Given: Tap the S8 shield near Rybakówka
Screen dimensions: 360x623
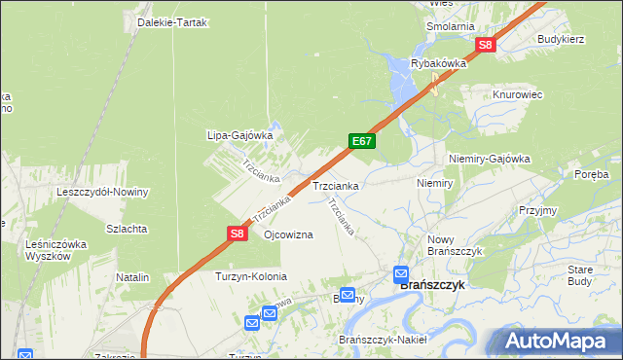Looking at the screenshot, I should [x=486, y=45].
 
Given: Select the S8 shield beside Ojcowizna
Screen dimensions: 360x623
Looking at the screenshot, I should [x=237, y=234].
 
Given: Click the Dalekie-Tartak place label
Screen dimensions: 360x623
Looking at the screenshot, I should [x=173, y=22].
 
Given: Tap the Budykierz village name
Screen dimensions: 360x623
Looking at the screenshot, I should [x=560, y=39].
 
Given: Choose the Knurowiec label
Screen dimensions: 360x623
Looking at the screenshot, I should [x=518, y=95].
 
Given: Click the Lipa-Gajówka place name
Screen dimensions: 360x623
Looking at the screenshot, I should [x=238, y=135].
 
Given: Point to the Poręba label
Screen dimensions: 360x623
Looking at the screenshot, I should [x=591, y=174].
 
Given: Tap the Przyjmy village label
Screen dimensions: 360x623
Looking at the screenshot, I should [x=537, y=209].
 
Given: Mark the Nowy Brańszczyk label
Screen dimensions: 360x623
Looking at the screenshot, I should [x=456, y=245].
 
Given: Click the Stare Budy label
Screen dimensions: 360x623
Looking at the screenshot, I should [x=580, y=274].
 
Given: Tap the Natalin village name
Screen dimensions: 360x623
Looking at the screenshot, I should [x=132, y=277].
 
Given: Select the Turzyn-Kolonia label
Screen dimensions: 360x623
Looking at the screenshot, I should [x=251, y=276].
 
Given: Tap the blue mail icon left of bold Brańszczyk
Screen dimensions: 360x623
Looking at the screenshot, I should [x=400, y=274].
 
